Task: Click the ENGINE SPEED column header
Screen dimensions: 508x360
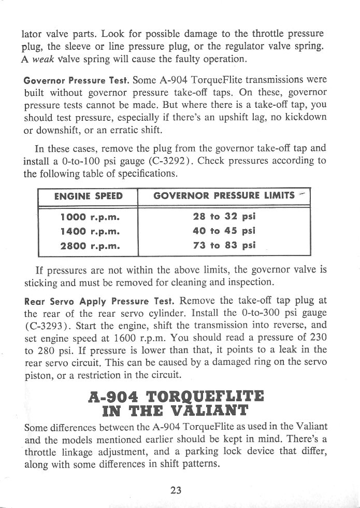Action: pos(88,196)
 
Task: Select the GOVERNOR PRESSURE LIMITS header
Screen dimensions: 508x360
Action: pos(223,196)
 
